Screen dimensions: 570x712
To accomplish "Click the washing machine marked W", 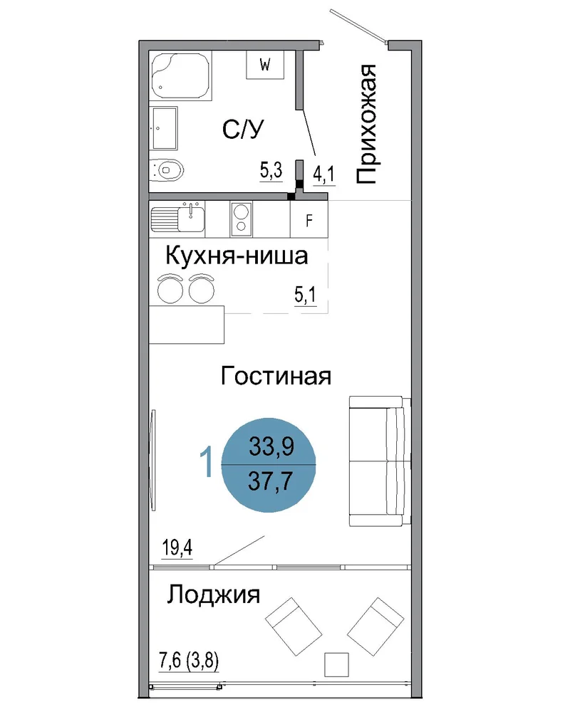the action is [x=265, y=65].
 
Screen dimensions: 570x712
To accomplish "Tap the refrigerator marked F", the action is [x=309, y=219].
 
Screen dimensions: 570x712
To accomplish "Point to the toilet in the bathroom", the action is [x=166, y=171].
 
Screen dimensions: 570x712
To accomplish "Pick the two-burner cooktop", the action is [x=242, y=219].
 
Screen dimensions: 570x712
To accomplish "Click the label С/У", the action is [x=243, y=130].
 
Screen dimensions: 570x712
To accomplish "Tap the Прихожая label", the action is [x=366, y=124].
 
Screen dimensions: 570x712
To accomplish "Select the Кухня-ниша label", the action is [x=237, y=256].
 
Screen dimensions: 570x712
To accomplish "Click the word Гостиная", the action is [x=276, y=376].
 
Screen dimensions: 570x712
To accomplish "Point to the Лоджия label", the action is [x=213, y=595].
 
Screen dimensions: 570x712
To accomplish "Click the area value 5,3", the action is [x=271, y=171].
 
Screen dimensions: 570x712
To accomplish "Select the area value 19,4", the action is [x=177, y=548].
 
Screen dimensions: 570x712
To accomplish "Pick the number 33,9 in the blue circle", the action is [x=271, y=446].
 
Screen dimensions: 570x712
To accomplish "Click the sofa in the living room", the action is [x=380, y=461].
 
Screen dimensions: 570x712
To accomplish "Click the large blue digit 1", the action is [x=207, y=461].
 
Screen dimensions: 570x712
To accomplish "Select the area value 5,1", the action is [x=305, y=295].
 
